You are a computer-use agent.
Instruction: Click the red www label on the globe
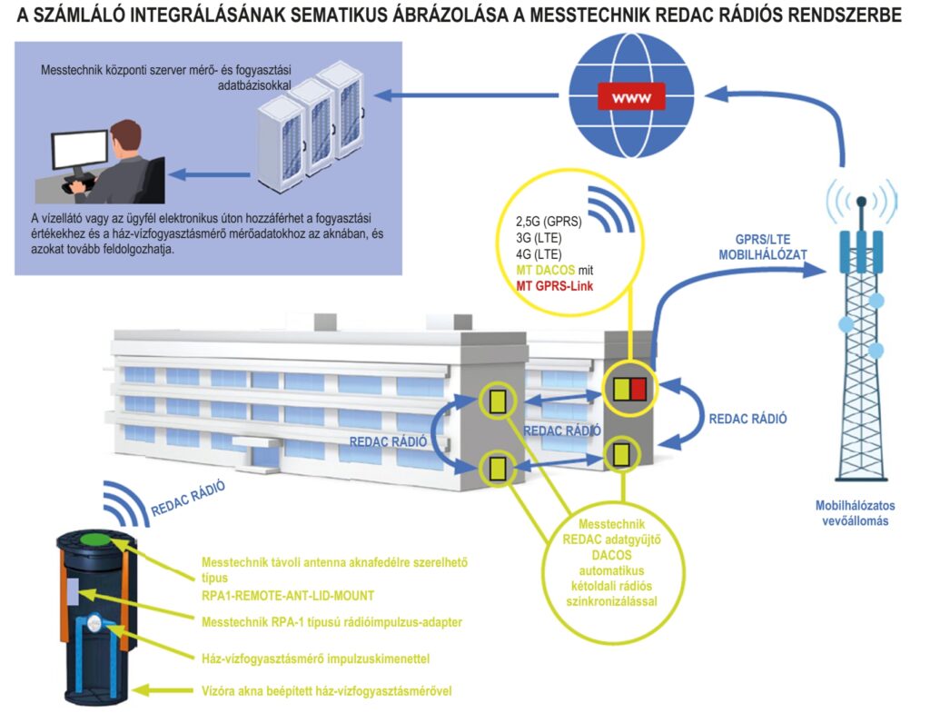pyautogui.click(x=631, y=97)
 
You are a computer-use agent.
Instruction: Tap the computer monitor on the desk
pyautogui.click(x=80, y=151)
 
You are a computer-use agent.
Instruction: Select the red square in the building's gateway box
pyautogui.click(x=638, y=389)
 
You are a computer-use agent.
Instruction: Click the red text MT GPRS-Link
pyautogui.click(x=555, y=286)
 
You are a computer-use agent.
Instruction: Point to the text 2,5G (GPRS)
pyautogui.click(x=549, y=222)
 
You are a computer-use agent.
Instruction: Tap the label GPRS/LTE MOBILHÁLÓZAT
pyautogui.click(x=763, y=247)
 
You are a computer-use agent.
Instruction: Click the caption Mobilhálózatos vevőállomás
pyautogui.click(x=855, y=513)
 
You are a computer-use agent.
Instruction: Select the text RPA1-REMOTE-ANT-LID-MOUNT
pyautogui.click(x=288, y=595)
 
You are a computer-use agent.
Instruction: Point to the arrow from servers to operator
pyautogui.click(x=210, y=174)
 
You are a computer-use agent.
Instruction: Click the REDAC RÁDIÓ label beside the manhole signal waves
pyautogui.click(x=188, y=499)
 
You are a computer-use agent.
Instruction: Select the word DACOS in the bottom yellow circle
pyautogui.click(x=611, y=555)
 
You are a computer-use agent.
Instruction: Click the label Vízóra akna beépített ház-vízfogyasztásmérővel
pyautogui.click(x=327, y=691)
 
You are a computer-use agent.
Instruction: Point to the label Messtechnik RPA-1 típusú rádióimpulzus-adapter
pyautogui.click(x=331, y=622)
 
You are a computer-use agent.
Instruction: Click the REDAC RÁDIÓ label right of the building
pyautogui.click(x=747, y=419)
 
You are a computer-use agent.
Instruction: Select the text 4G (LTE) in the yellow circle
pyautogui.click(x=539, y=254)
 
